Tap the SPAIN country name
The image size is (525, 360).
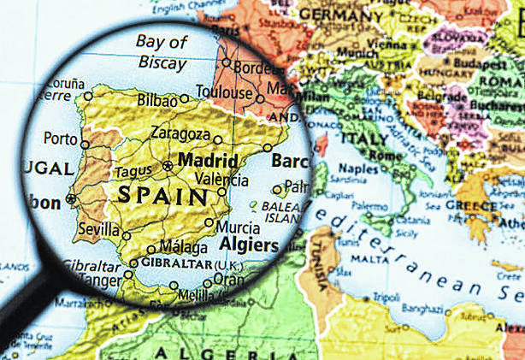tap(162, 195)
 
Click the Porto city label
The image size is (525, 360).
tap(60, 139)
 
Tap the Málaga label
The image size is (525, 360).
tap(183, 247)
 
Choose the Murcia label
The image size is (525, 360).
tap(239, 228)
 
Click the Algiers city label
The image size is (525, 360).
tap(250, 245)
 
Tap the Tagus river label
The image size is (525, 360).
tap(134, 171)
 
